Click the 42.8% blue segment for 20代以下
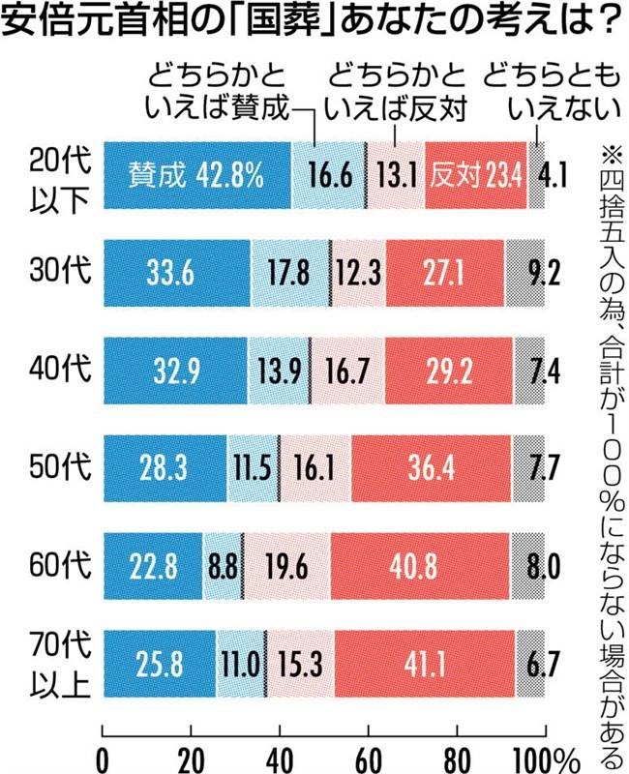(x=197, y=175)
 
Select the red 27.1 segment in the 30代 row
(x=445, y=273)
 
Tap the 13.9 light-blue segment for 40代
(x=279, y=371)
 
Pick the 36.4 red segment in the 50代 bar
(x=431, y=468)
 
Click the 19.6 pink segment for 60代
(x=286, y=566)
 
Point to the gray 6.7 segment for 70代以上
(x=530, y=664)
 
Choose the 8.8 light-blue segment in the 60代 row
(x=223, y=566)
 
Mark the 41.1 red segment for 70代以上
(x=425, y=664)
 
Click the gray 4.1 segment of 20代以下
(x=536, y=175)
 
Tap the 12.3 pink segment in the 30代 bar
(x=359, y=273)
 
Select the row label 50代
(x=60, y=466)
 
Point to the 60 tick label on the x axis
(x=369, y=760)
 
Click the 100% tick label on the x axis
(x=547, y=760)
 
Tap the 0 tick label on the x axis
(x=103, y=760)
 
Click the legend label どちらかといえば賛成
(x=216, y=92)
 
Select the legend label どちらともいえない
(x=552, y=92)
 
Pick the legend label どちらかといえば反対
(x=397, y=92)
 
